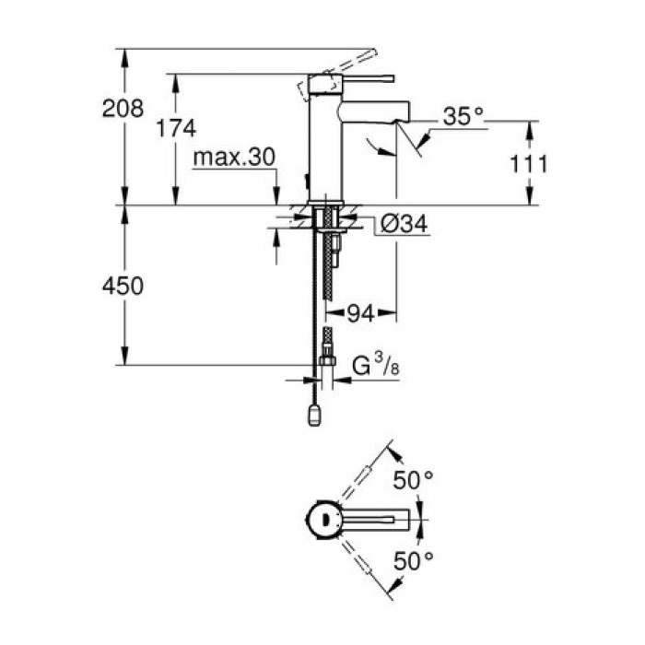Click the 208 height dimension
pos(123,108)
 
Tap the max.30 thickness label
pos(234,158)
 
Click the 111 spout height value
pos(529,164)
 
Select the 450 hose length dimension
pos(123,287)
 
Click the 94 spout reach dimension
pos(362,314)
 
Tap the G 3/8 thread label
pos(375,366)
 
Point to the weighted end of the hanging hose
pos(315,417)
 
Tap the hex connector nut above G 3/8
pos(325,352)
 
